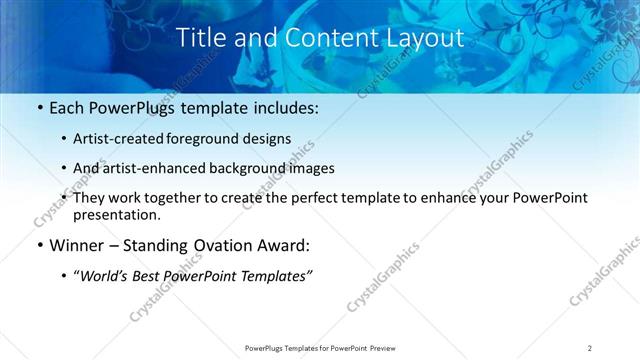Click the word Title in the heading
pos(200,38)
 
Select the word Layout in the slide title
pos(430,38)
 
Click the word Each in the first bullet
pos(67,108)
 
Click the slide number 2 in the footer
pos(590,348)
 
